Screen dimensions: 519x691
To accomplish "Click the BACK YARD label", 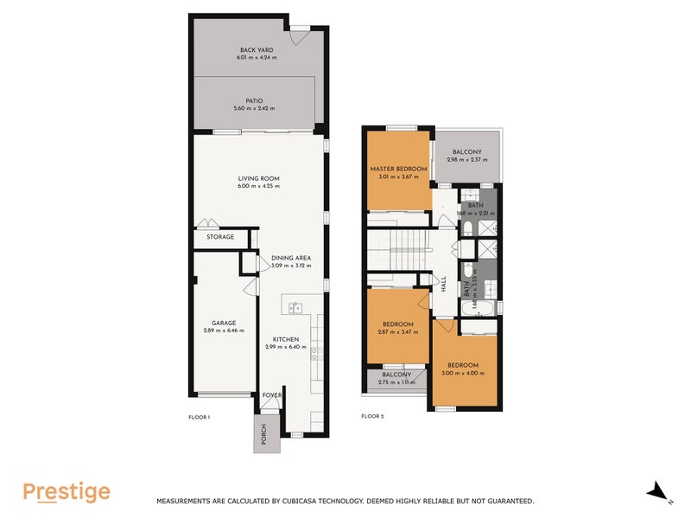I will (258, 49).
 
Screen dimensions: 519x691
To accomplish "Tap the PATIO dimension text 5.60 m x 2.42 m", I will (258, 108).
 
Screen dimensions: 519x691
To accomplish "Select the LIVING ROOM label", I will (258, 179).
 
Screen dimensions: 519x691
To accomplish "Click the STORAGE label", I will (219, 236).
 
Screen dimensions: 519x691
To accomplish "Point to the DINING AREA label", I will (290, 258).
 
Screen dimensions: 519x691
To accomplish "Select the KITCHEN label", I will (286, 339).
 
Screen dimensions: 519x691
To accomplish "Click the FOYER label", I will (272, 395).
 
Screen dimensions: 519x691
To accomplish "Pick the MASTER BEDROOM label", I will (398, 169).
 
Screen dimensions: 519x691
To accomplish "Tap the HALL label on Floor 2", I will (443, 283).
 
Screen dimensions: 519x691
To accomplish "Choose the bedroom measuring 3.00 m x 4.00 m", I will (465, 369).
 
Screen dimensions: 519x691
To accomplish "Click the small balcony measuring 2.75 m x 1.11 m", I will (397, 378).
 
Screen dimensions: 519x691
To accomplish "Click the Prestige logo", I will (67, 491).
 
